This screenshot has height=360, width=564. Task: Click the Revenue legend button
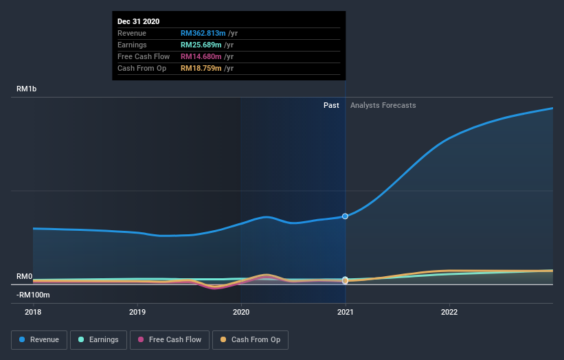pos(40,339)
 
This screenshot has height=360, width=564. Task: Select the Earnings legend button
pos(98,339)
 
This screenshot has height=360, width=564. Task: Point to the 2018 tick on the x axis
pos(33,312)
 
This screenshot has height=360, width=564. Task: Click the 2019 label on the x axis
pos(137,312)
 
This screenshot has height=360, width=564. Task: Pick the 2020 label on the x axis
pos(241,312)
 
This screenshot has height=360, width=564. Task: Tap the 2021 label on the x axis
pos(345,312)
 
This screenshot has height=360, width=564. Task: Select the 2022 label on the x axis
pos(449,312)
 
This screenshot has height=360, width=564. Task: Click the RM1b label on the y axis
pos(27,89)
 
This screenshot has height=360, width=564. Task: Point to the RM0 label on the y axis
pos(25,276)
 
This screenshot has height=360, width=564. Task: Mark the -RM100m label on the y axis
pos(32,295)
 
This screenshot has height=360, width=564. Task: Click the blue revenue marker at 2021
pos(345,216)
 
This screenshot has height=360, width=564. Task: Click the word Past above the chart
pos(331,105)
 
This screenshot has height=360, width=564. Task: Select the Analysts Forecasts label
pos(383,105)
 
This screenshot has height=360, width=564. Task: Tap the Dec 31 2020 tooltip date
pos(139,21)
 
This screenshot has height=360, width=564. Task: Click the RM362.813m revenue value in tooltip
pos(204,33)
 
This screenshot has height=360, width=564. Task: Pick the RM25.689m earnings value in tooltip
pos(202,45)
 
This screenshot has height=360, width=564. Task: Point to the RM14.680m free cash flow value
pos(202,56)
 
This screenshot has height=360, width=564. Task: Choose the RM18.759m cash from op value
pos(202,68)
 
